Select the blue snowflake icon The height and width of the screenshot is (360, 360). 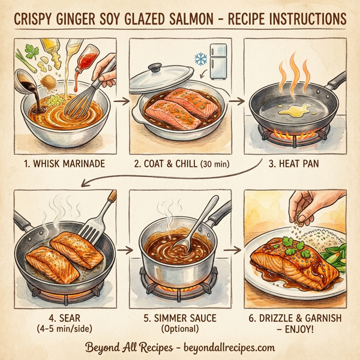click(200, 59)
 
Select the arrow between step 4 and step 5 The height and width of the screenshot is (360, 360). click(127, 247)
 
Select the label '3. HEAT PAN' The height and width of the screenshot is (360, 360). click(295, 161)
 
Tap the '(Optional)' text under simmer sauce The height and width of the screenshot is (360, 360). click(179, 328)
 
